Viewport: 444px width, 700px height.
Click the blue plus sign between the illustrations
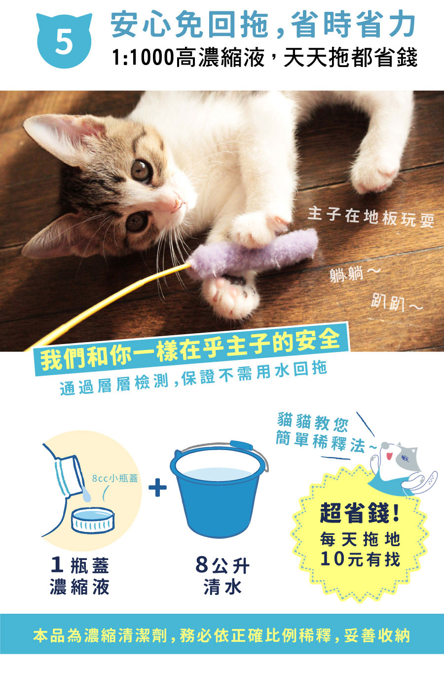pos(157,487)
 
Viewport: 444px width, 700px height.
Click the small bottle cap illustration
pos(93,520)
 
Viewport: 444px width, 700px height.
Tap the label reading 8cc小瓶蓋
pos(115,478)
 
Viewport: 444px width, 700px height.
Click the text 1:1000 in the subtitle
pos(143,58)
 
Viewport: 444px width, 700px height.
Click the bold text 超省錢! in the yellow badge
pos(360,513)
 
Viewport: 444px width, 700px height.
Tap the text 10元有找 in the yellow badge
pos(360,559)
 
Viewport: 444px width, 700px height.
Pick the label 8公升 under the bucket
pos(222,565)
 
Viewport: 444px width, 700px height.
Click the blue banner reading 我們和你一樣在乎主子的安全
pos(191,349)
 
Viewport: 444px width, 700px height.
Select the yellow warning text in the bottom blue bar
pos(222,635)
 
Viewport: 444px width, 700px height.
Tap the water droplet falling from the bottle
pos(86,496)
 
